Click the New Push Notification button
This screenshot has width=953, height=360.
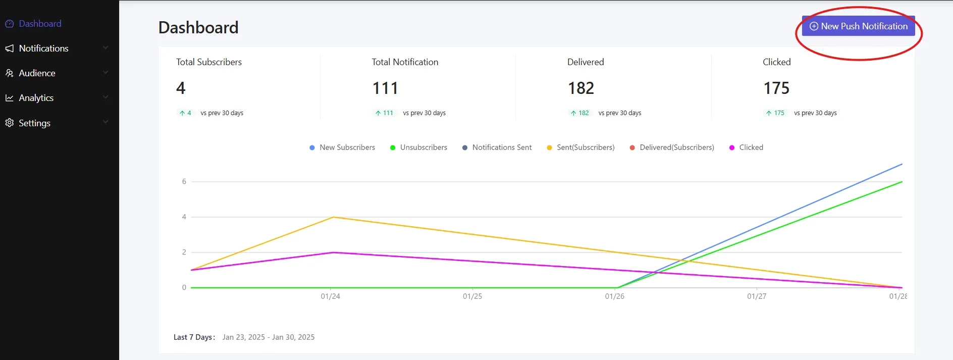tap(858, 26)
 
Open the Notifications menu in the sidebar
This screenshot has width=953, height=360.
tap(43, 48)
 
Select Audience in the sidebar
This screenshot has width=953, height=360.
tap(37, 73)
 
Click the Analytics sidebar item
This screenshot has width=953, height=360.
tap(36, 98)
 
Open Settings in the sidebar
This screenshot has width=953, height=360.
tap(34, 123)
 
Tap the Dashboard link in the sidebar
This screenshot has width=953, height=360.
tap(40, 24)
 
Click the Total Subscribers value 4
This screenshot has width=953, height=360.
tap(181, 88)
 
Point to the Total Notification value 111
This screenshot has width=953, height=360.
tap(385, 88)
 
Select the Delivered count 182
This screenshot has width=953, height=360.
tap(581, 88)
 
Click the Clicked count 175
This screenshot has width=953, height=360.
tap(776, 88)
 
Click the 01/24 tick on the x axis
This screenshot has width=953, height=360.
tap(331, 296)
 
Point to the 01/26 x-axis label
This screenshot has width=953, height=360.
tap(615, 296)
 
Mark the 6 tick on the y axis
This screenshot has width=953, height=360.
tap(184, 182)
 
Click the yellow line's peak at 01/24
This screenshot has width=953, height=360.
tap(333, 217)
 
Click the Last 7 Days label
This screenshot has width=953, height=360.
tap(194, 337)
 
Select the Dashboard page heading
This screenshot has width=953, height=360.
tap(198, 28)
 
